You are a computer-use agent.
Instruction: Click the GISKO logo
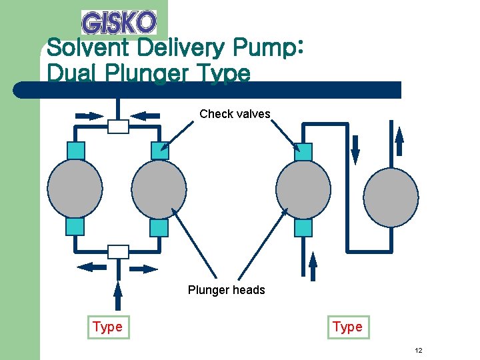click(119, 22)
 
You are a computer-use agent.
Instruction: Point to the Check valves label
click(235, 114)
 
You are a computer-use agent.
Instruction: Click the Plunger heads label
click(226, 290)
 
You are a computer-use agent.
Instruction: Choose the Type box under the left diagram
click(107, 327)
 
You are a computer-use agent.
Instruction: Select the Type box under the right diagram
click(347, 327)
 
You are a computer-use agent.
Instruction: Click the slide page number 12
click(419, 351)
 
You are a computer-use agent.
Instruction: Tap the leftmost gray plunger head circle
click(75, 189)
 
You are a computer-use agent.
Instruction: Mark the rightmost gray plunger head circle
click(391, 197)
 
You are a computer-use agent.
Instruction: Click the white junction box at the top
click(118, 126)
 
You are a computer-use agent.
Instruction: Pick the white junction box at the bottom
click(118, 251)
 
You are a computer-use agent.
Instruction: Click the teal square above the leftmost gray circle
click(75, 151)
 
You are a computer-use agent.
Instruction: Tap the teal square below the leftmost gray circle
click(75, 227)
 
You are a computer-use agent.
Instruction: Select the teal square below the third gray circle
click(303, 228)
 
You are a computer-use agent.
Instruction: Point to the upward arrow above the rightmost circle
click(400, 142)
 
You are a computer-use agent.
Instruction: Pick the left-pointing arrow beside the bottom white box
click(91, 267)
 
